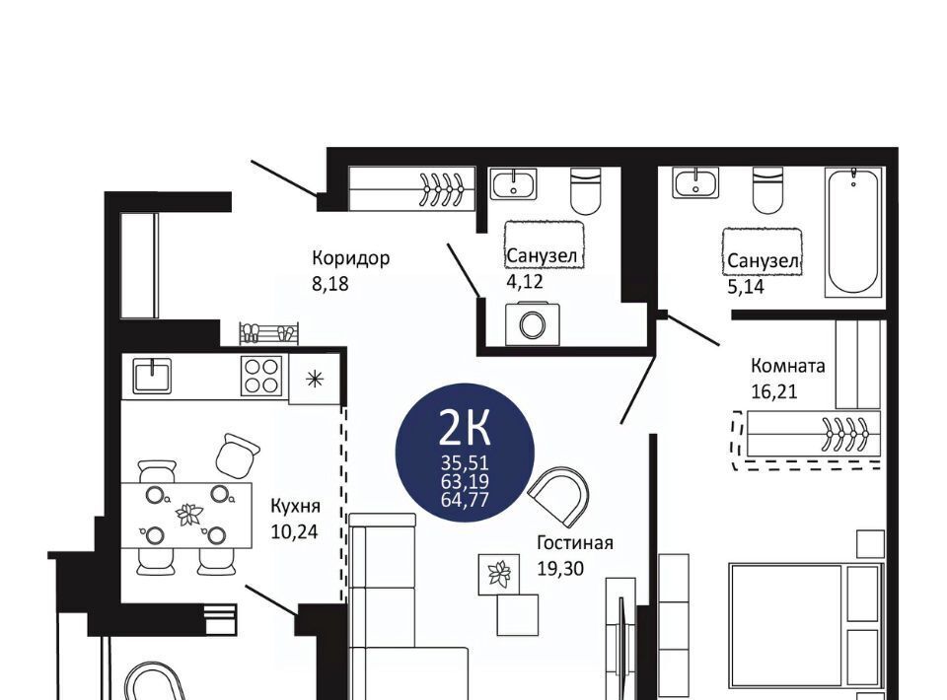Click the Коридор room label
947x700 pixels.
(350, 258)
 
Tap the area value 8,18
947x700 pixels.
(329, 284)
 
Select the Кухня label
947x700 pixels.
(295, 506)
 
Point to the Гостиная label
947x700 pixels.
(575, 542)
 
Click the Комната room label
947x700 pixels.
(787, 366)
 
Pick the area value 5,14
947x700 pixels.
(746, 287)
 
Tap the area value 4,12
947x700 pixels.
(525, 281)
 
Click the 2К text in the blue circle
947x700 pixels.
(464, 428)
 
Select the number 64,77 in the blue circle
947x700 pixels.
(465, 500)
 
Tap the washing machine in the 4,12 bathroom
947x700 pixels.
(532, 324)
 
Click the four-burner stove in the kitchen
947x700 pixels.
(260, 376)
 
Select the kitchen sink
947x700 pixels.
(152, 376)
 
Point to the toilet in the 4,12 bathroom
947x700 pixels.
(586, 191)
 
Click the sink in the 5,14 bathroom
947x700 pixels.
(695, 183)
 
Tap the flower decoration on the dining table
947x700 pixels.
(189, 515)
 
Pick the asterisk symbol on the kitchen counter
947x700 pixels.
(314, 379)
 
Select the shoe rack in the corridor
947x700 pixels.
(268, 333)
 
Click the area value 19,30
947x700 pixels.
(560, 568)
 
